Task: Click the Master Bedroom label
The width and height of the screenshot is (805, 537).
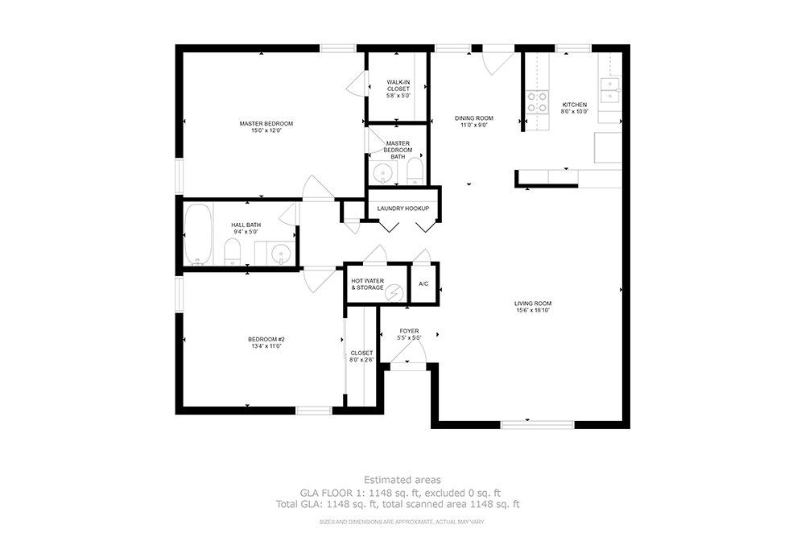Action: (266, 124)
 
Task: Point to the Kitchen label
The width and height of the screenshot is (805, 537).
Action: (575, 105)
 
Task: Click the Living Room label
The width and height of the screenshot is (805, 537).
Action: (533, 304)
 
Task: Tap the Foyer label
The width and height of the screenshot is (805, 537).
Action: (409, 331)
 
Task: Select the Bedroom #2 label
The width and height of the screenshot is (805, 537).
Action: (266, 339)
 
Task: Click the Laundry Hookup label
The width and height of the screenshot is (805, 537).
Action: (403, 209)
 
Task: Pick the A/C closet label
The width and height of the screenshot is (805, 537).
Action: (423, 284)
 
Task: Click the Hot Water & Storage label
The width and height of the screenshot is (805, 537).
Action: (367, 284)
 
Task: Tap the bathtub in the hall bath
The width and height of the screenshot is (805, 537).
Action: (198, 234)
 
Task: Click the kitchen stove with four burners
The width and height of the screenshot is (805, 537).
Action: (537, 101)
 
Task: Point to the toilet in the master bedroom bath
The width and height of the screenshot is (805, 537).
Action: (415, 171)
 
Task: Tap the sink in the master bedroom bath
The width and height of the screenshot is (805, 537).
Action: (380, 172)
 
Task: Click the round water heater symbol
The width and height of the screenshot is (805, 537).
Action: (394, 292)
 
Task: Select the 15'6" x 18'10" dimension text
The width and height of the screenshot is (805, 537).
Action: (533, 311)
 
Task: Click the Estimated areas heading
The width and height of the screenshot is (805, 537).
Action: (402, 479)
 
